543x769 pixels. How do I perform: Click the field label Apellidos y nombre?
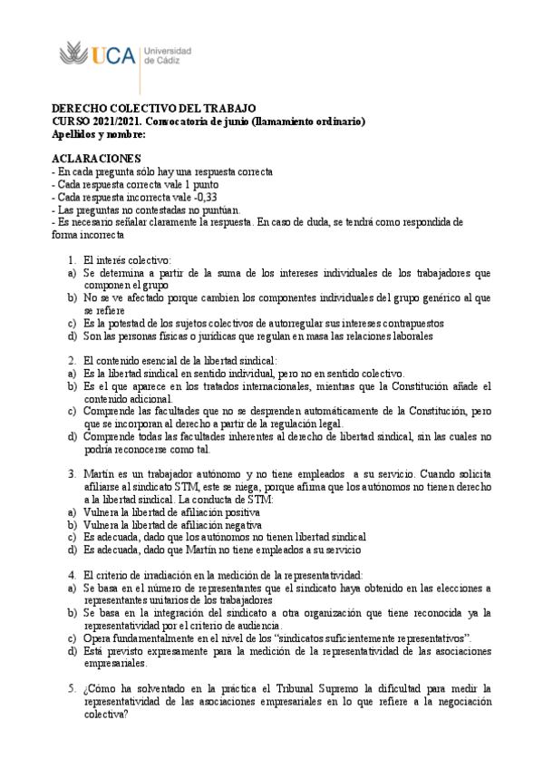coord(99,134)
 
